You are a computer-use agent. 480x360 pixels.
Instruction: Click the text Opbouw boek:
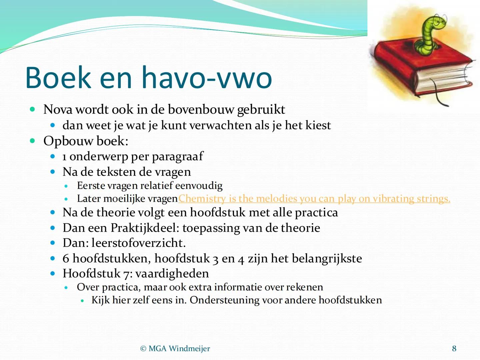tap(86, 141)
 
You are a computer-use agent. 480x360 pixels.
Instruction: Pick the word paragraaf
tap(177, 157)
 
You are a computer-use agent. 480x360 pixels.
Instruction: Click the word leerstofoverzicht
tap(138, 243)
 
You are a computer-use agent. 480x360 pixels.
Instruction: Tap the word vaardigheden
tap(172, 274)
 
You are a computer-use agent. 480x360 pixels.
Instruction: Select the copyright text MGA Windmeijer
tap(175, 349)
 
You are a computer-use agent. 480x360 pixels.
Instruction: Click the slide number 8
tap(454, 349)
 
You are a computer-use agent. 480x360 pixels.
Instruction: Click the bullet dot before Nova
tap(32, 109)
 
